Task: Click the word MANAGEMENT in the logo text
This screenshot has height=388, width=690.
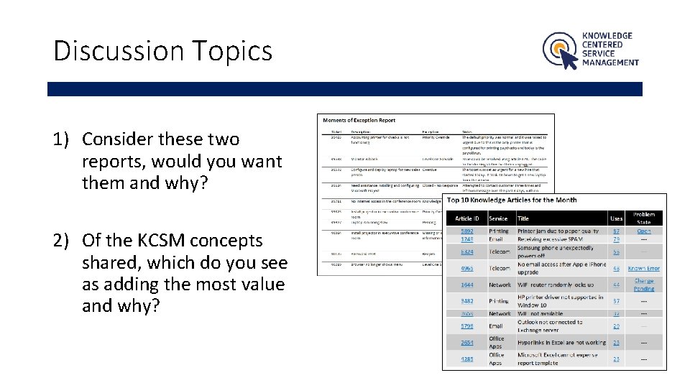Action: coord(610,63)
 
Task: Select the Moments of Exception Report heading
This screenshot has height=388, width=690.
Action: coord(359,120)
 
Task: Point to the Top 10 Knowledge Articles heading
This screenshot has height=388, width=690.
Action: coord(512,200)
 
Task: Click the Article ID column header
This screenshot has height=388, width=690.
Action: coord(467,218)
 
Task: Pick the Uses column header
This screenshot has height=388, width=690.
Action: coord(616,218)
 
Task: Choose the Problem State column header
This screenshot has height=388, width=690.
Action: coord(644,218)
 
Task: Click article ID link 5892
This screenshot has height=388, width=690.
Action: coord(467,231)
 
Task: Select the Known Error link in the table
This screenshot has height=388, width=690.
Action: coord(644,269)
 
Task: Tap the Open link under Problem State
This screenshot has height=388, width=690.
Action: coord(644,231)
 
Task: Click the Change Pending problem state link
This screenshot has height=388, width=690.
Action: coord(644,285)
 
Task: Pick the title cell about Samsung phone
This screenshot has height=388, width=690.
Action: coord(556,251)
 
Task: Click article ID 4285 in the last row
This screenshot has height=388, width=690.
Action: coord(467,359)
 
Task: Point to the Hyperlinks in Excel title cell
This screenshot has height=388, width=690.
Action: coord(561,343)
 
